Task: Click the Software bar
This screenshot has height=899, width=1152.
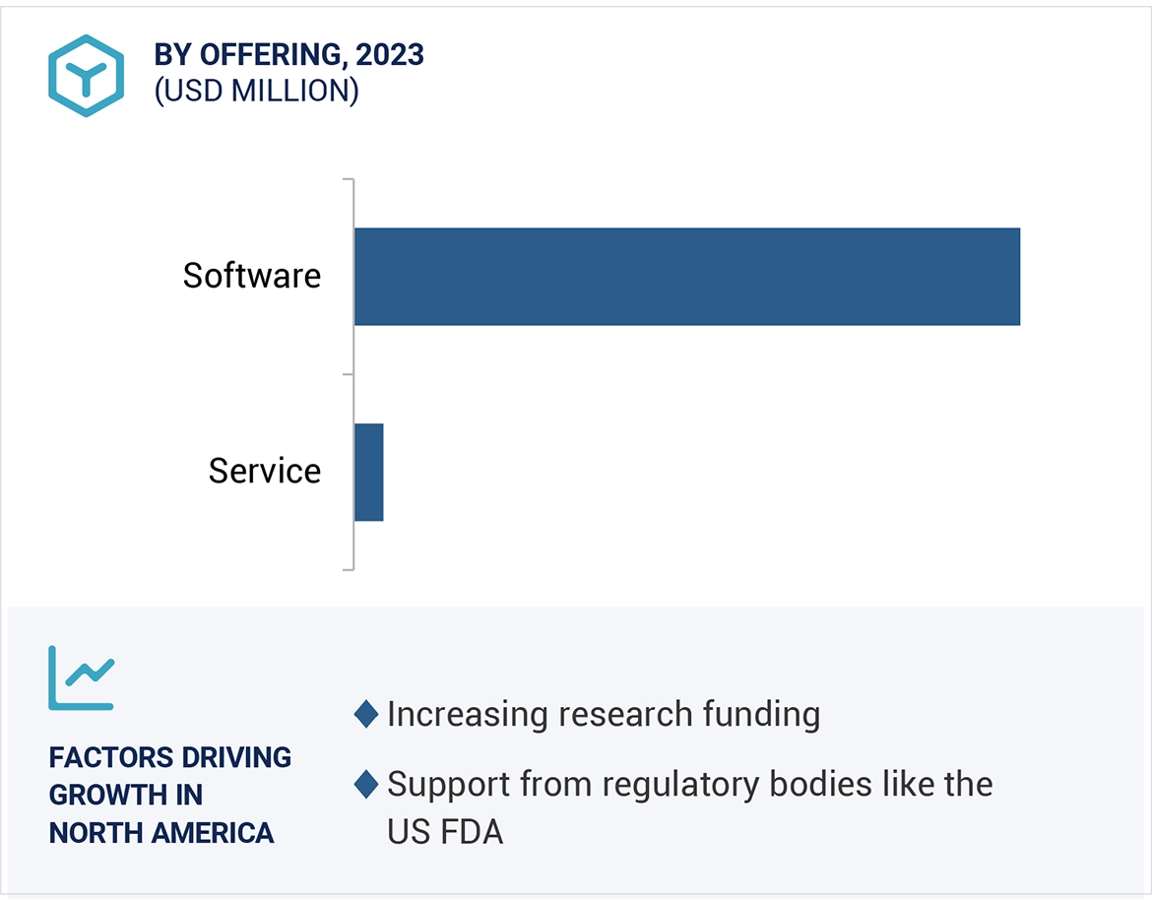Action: pyautogui.click(x=686, y=277)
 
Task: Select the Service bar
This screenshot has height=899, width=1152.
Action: pyautogui.click(x=368, y=472)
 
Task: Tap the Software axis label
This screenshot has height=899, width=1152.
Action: pyautogui.click(x=252, y=275)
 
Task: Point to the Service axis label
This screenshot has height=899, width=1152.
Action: pyautogui.click(x=264, y=471)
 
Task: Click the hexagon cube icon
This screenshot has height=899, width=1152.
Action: pyautogui.click(x=86, y=76)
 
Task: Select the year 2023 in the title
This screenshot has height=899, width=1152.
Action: pyautogui.click(x=390, y=55)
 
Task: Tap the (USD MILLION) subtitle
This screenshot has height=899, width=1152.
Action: pyautogui.click(x=256, y=91)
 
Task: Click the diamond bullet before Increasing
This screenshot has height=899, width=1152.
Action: pyautogui.click(x=366, y=714)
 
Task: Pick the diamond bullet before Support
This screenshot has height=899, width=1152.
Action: pyautogui.click(x=366, y=785)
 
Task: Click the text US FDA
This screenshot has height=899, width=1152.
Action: pyautogui.click(x=445, y=832)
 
